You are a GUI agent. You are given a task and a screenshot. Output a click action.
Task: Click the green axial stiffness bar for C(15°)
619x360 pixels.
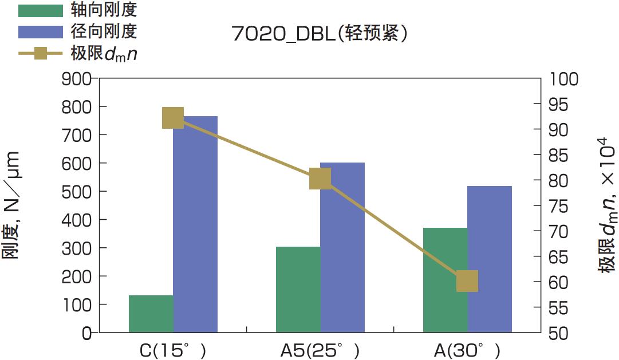(x=151, y=314)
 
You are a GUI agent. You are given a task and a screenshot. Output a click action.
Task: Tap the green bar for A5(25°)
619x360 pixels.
(x=298, y=290)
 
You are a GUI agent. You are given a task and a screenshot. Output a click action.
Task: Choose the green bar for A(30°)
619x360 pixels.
(x=445, y=280)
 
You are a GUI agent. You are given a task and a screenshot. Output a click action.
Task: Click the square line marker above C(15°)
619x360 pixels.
(x=173, y=118)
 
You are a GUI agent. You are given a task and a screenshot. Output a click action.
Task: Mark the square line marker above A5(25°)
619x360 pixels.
(x=320, y=179)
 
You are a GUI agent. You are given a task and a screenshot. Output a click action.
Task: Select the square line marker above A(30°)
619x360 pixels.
(x=467, y=282)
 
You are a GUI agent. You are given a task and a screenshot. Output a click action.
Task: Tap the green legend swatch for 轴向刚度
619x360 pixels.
(x=40, y=10)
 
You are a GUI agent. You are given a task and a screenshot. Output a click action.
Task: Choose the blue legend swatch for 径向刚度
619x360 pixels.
(x=40, y=31)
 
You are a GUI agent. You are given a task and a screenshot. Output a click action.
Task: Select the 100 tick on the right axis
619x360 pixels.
(x=563, y=79)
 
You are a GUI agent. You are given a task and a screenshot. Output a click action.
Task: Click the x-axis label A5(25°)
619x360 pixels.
(x=320, y=350)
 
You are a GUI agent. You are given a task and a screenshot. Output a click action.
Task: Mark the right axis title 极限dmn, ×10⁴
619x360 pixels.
(x=606, y=205)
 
